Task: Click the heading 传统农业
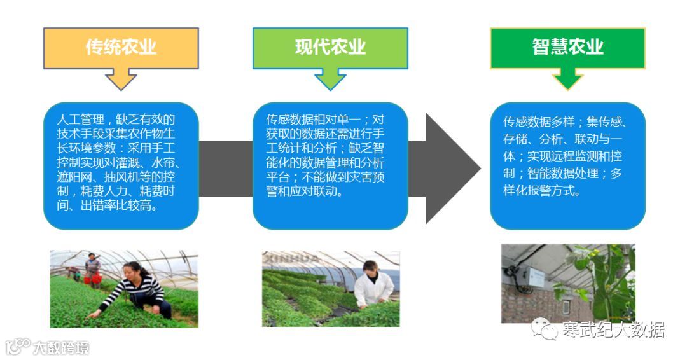(x=121, y=48)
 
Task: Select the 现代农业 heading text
(x=330, y=47)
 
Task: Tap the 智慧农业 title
(x=567, y=47)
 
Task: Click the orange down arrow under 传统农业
(x=121, y=79)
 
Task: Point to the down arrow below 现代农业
(x=330, y=79)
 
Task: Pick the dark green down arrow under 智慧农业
(x=567, y=79)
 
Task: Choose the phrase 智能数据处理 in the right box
(x=570, y=176)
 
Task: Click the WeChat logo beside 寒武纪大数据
(x=545, y=329)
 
